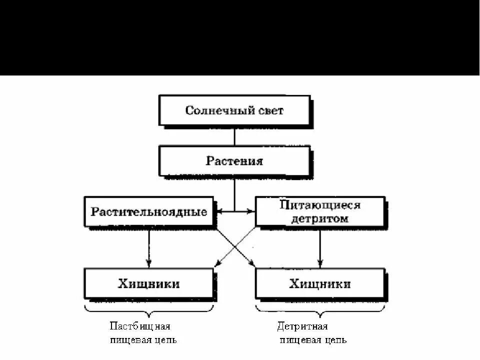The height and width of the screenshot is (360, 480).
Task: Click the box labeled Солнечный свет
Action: [x=234, y=110]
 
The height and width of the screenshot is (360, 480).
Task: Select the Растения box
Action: [x=234, y=160]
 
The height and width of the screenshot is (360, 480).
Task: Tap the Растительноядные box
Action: [x=149, y=211]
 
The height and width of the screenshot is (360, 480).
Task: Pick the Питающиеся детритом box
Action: [x=320, y=211]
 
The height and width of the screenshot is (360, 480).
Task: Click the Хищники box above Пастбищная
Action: [x=149, y=283]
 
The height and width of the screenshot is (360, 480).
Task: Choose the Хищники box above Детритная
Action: [x=320, y=283]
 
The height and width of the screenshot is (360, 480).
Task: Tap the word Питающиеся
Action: [x=320, y=205]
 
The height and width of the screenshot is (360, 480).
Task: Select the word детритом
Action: [x=320, y=218]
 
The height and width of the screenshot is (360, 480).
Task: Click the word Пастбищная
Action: [x=140, y=326]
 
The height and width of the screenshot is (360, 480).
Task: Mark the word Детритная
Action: [x=302, y=326]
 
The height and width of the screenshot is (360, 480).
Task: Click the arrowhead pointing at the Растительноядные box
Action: [x=218, y=211]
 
